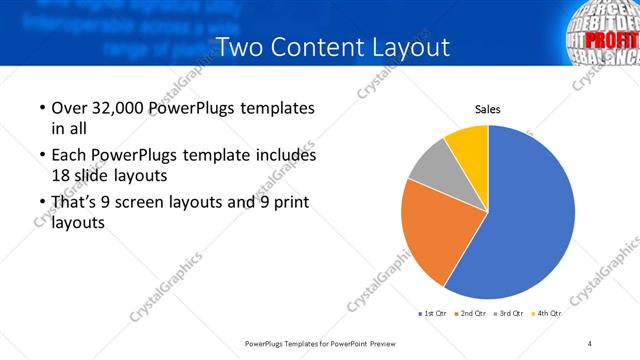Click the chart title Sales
point(487,110)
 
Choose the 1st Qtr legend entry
point(432,314)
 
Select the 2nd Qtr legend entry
point(472,314)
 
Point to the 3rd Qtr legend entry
point(510,314)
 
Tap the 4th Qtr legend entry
point(548,314)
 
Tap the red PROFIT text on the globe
point(615,40)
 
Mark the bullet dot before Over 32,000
point(41,108)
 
